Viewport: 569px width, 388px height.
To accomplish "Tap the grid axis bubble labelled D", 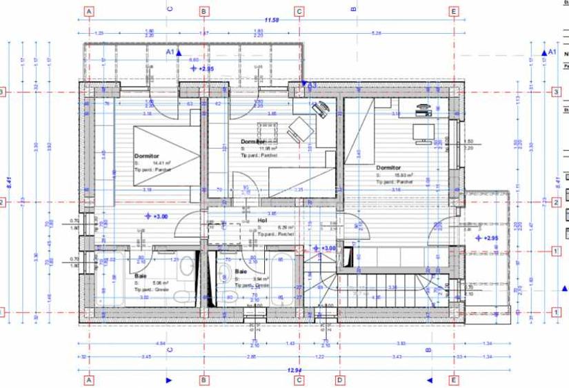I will coord(339,380).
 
